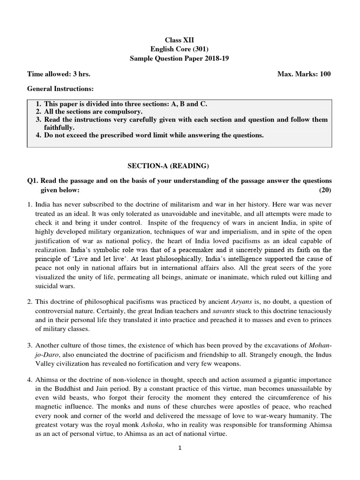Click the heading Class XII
point(180,41)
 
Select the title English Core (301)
point(180,50)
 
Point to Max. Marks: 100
point(304,74)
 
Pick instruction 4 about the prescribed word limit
point(150,135)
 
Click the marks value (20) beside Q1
point(325,189)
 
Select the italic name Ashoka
point(130,425)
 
